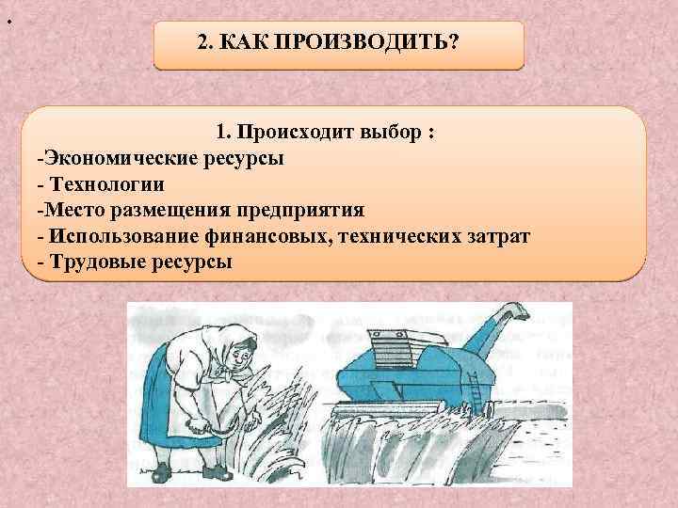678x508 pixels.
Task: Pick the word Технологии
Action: tap(105, 183)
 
